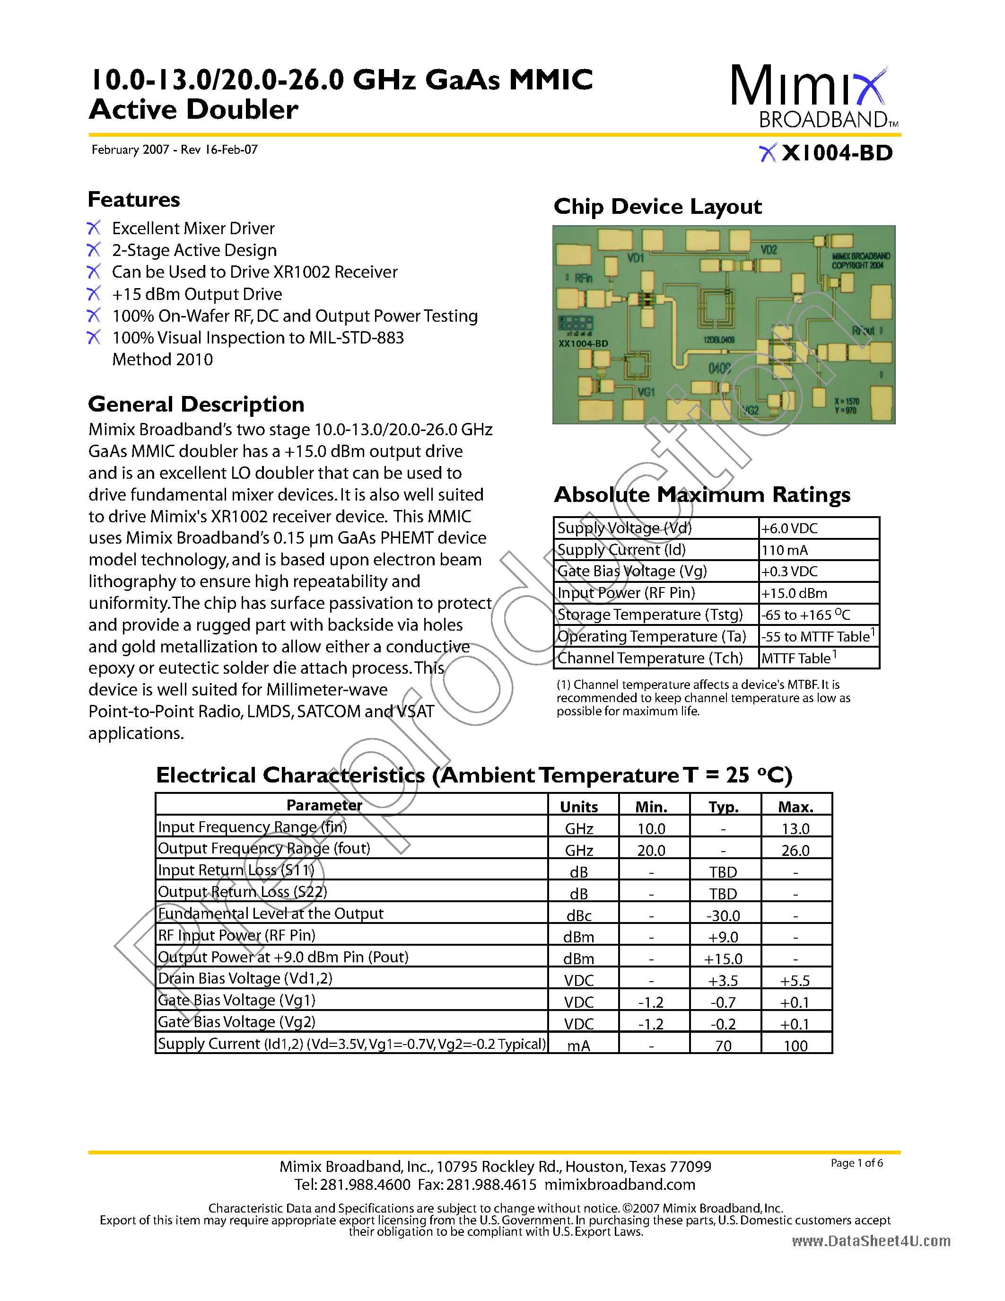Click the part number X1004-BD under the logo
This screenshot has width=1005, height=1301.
coord(837,153)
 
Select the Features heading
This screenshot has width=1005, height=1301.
coord(133,200)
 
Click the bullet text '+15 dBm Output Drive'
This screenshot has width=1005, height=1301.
coord(197,294)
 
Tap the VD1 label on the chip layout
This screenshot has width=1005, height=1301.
coord(635,258)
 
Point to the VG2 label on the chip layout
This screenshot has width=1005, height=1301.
coord(750,410)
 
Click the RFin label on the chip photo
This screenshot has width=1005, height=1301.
coord(583,278)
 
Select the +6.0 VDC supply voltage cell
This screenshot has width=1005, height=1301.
coord(789,528)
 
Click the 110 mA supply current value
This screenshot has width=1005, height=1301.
coord(785,550)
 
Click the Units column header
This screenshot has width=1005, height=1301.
coord(579,807)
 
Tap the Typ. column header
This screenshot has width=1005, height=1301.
coord(724,807)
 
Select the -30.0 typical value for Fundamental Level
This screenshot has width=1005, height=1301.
coord(724,915)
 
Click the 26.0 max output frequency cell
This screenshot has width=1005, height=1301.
coord(795,850)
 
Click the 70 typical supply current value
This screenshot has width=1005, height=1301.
coord(724,1046)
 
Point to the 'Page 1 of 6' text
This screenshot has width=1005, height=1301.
coord(857,1163)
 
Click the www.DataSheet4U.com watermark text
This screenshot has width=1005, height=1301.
coord(871,1241)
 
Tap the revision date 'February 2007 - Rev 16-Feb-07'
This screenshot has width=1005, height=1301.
coord(175,149)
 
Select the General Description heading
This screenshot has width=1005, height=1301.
coord(196,404)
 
